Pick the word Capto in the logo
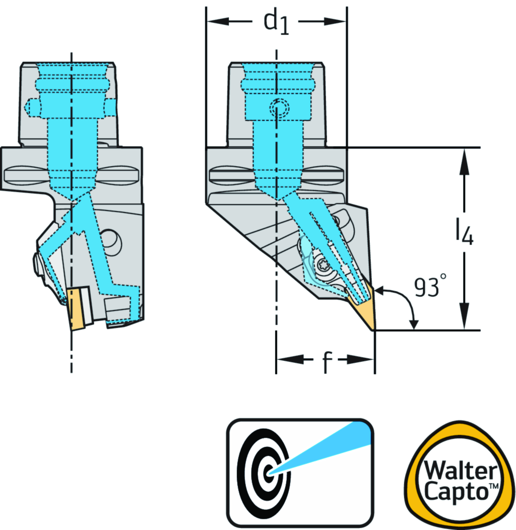click(x=456, y=492)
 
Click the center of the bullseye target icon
click(x=269, y=473)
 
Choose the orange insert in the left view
click(x=76, y=309)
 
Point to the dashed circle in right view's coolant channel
click(x=279, y=108)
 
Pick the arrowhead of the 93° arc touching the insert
click(x=380, y=291)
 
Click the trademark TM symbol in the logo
click(x=494, y=486)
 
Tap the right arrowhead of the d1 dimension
click(x=335, y=21)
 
